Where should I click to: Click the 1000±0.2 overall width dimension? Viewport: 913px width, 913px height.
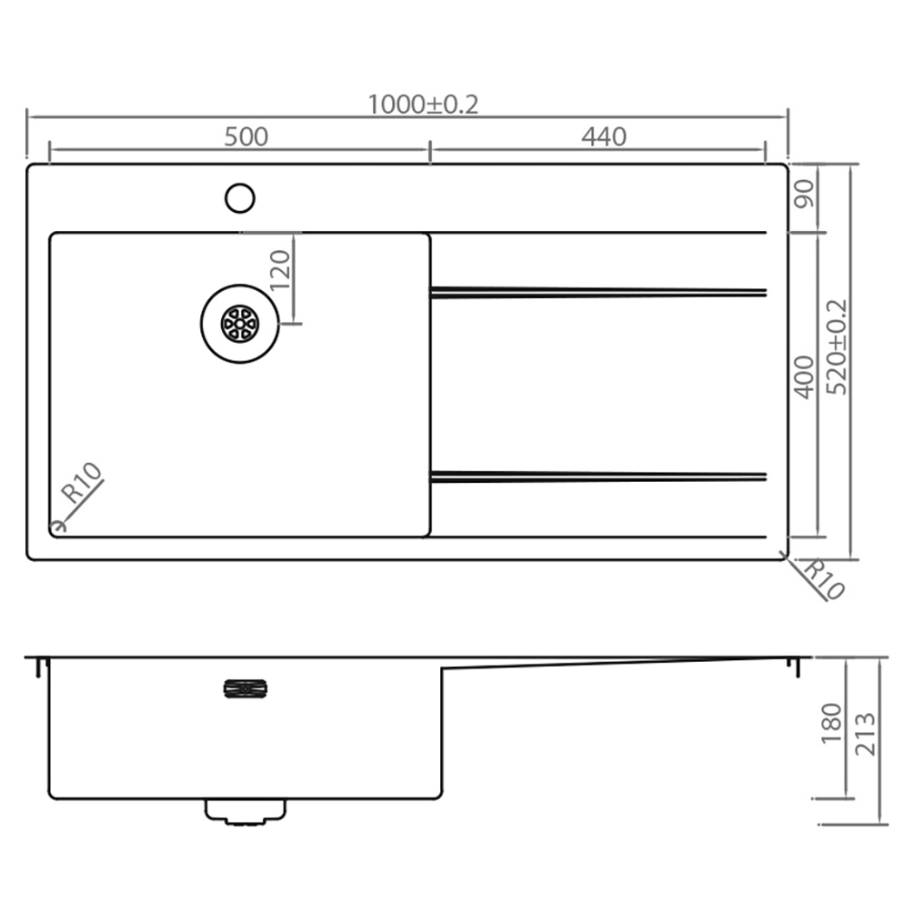pyautogui.click(x=422, y=105)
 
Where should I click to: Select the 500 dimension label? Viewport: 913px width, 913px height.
pyautogui.click(x=246, y=136)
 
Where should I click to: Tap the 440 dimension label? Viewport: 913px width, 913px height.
pyautogui.click(x=604, y=136)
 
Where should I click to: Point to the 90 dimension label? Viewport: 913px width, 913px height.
pyautogui.click(x=804, y=195)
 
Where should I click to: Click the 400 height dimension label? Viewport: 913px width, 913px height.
pyautogui.click(x=804, y=376)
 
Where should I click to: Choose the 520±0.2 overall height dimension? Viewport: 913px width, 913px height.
pyautogui.click(x=836, y=347)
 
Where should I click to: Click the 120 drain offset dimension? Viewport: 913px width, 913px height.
pyautogui.click(x=280, y=269)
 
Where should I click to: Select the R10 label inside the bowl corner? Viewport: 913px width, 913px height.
pyautogui.click(x=83, y=484)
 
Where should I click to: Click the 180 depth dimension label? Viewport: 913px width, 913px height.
pyautogui.click(x=832, y=724)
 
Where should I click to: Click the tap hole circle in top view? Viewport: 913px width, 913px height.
pyautogui.click(x=240, y=197)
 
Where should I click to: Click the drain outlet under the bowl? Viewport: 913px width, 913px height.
pyautogui.click(x=246, y=811)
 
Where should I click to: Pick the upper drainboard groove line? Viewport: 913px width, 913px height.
pyautogui.click(x=598, y=292)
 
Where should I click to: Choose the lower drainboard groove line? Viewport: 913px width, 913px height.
pyautogui.click(x=598, y=476)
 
